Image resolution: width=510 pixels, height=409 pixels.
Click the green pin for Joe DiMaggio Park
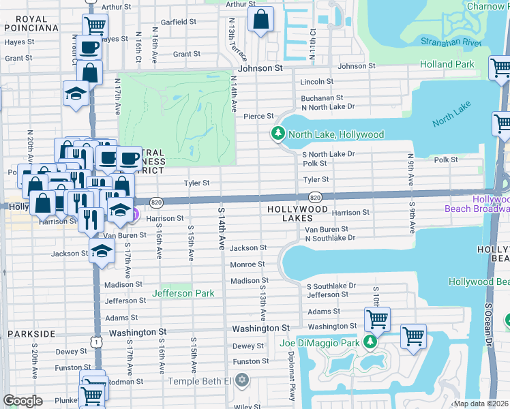coord(370,342)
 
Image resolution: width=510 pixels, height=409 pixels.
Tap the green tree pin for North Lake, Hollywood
coord(277,134)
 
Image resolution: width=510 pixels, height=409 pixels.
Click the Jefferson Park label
coord(183,294)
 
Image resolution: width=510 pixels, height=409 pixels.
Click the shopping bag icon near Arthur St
coord(260,19)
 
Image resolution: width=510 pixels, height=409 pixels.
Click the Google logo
coord(22,401)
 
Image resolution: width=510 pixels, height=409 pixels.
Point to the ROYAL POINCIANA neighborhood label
coord(31,23)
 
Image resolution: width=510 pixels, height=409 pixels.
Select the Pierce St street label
coord(259,117)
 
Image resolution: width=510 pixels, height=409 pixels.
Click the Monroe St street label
coord(247,264)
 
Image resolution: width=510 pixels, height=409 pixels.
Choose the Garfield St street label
coord(179,22)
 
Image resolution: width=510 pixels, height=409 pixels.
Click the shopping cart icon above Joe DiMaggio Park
coord(376,318)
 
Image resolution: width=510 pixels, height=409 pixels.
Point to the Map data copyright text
coord(481,404)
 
